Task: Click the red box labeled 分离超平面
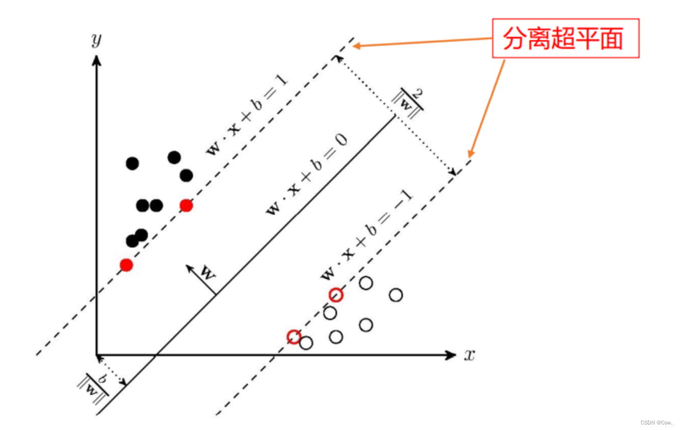click(x=565, y=39)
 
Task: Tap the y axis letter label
click(x=97, y=41)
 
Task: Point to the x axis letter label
click(x=469, y=355)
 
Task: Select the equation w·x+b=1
click(x=247, y=115)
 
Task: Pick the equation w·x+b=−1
click(x=367, y=236)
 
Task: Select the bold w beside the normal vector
click(x=208, y=272)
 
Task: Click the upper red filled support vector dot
click(x=186, y=206)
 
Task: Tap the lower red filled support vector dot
click(x=126, y=265)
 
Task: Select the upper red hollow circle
click(x=336, y=295)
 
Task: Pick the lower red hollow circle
click(x=294, y=336)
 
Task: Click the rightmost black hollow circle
click(x=396, y=295)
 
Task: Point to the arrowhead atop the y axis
click(x=97, y=60)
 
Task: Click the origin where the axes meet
click(x=97, y=355)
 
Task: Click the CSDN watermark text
click(x=657, y=423)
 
